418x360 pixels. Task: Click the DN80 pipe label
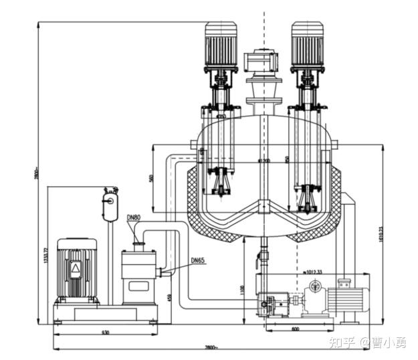134,217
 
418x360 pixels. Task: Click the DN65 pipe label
199,260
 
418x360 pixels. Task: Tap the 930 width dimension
106,332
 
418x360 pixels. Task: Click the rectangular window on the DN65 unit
138,286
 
